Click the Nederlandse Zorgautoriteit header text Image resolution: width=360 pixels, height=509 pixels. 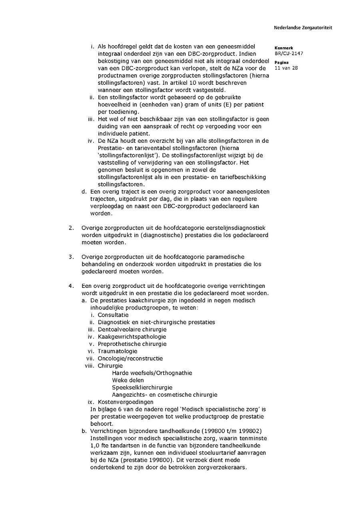coord(303,28)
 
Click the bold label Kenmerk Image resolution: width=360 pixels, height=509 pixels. coord(284,48)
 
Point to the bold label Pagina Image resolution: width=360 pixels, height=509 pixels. coord(282,62)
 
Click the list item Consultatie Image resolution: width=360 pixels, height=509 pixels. coord(113,315)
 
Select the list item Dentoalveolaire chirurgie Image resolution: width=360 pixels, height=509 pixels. coord(132,329)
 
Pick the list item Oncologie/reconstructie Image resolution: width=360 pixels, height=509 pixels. coord(130,359)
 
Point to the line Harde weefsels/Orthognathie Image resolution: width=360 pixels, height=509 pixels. coord(152,373)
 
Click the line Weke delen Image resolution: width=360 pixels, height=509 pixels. coord(128,380)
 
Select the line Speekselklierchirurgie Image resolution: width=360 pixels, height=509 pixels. coord(142,387)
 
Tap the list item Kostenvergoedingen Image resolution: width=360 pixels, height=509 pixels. coord(125,402)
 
